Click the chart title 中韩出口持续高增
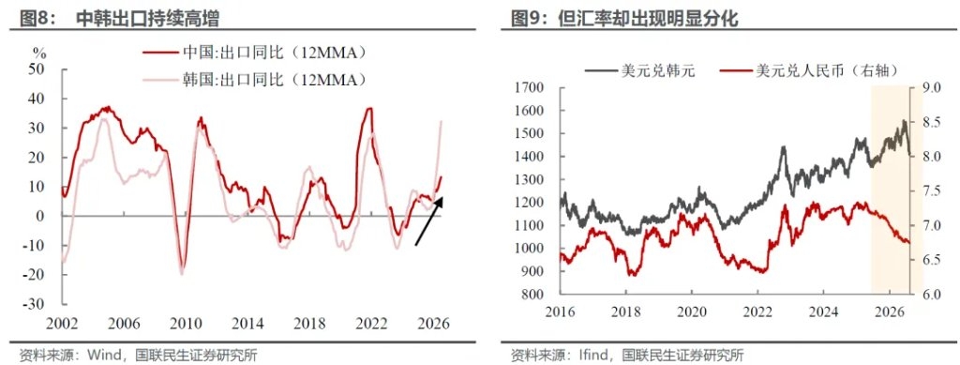pos(147,19)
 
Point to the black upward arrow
pos(428,221)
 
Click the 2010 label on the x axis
pos(182,324)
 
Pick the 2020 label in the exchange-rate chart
pos(692,312)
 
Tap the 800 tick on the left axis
pos(533,295)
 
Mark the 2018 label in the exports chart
pos(309,324)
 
